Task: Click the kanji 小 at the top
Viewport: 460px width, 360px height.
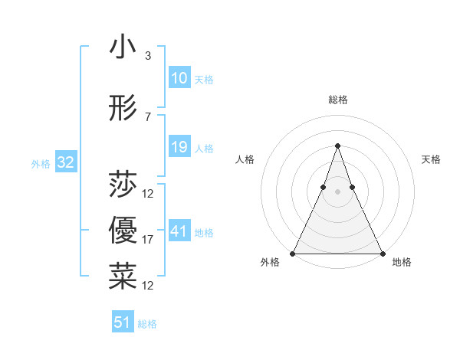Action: coord(123,47)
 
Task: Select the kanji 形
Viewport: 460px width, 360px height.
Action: coord(123,110)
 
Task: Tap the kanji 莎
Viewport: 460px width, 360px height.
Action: coord(123,185)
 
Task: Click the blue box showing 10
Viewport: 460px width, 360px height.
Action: coord(179,78)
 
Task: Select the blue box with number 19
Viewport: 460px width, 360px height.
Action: coord(179,147)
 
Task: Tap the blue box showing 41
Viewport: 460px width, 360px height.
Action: coord(179,231)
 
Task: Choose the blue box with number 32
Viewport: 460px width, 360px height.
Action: coord(65,162)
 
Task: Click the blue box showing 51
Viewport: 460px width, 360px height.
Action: coord(123,322)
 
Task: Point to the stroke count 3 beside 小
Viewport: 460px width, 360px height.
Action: coord(147,56)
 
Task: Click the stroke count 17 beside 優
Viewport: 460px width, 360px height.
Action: coord(148,240)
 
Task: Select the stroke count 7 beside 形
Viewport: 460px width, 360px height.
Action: coord(147,117)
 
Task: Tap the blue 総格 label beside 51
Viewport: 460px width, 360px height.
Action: coord(147,324)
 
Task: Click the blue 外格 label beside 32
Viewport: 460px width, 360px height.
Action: coord(41,163)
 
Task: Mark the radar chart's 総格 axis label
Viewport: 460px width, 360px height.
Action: coord(337,100)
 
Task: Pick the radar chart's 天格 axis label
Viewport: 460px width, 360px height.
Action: coord(432,159)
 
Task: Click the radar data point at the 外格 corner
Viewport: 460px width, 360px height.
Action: coord(293,253)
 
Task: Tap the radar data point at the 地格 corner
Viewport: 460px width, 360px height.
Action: coord(382,253)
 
